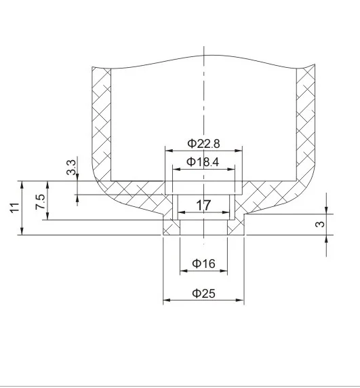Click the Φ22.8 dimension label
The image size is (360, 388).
(x=204, y=144)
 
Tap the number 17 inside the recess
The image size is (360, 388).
(x=204, y=205)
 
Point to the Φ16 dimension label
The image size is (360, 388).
(x=204, y=264)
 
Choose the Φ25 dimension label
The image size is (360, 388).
(x=204, y=293)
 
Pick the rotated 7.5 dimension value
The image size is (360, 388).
(x=41, y=201)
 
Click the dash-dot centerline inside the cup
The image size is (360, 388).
(x=204, y=102)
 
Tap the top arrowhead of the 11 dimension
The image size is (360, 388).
(x=22, y=184)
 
